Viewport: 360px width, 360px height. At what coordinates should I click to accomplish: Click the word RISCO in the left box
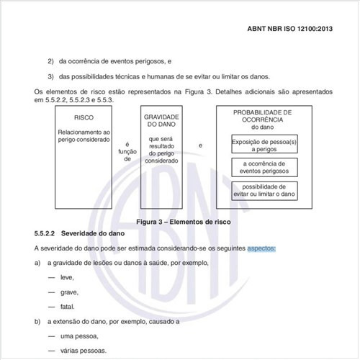point(84,117)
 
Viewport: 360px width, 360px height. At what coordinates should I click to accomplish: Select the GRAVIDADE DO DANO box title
point(161,120)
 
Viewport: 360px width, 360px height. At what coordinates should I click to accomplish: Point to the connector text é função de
point(127,153)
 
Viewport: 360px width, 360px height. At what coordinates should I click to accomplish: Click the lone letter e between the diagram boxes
point(200,146)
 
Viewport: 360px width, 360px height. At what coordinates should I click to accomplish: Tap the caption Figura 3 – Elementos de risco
point(179,222)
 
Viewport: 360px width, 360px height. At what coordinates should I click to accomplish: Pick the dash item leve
point(67,277)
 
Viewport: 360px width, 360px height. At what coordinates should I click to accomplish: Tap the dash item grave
point(69,292)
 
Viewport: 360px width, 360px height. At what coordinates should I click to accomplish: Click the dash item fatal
point(67,307)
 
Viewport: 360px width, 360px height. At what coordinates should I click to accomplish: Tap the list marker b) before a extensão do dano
point(37,321)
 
